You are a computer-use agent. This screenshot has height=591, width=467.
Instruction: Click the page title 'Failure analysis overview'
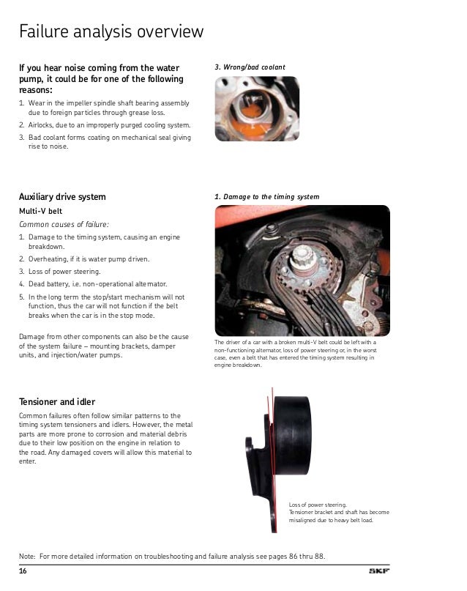tap(111, 31)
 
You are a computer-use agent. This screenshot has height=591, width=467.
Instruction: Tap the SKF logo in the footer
tap(379, 571)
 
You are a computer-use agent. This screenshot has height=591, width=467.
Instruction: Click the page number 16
tap(23, 571)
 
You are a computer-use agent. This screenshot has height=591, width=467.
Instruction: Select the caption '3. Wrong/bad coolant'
tap(250, 67)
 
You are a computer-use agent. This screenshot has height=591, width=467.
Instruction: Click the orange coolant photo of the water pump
tap(257, 108)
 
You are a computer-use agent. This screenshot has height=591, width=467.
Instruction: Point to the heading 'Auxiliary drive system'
tap(62, 197)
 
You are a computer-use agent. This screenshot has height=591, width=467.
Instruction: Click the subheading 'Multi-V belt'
tap(41, 211)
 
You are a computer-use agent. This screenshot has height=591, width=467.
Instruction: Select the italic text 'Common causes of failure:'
tap(64, 224)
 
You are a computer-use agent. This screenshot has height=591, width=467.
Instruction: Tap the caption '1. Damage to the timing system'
tap(266, 197)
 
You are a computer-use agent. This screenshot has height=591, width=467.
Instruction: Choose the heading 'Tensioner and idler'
tap(57, 402)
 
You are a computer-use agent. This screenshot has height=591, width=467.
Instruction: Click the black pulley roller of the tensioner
tap(292, 435)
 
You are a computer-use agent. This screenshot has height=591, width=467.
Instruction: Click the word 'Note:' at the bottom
tap(28, 557)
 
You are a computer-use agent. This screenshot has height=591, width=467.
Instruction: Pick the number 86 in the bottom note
tap(293, 557)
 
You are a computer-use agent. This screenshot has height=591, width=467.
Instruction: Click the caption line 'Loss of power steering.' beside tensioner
tap(318, 505)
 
